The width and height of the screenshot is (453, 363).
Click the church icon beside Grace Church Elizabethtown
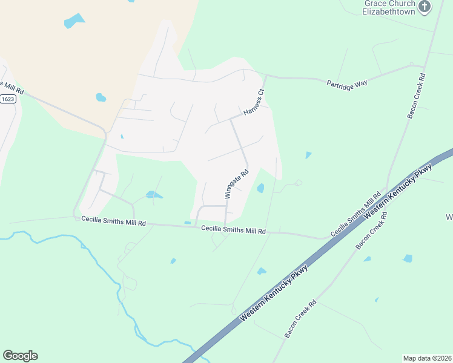click(x=425, y=7)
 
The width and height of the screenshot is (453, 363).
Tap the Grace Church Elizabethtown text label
click(x=389, y=7)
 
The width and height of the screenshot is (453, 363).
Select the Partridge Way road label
click(x=347, y=83)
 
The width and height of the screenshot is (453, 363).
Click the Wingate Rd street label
click(x=237, y=184)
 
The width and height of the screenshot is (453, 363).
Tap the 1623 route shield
click(x=7, y=99)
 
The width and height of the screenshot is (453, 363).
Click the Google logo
click(x=20, y=356)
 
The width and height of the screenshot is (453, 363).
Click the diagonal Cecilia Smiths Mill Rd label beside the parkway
click(x=355, y=215)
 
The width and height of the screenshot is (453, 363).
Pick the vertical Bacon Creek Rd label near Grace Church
click(x=417, y=96)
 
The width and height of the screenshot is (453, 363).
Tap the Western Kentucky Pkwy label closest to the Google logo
click(x=274, y=293)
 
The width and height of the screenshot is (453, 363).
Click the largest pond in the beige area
click(x=74, y=21)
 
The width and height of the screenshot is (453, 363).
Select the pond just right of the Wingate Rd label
click(x=260, y=188)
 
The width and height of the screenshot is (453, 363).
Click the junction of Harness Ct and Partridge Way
click(x=265, y=76)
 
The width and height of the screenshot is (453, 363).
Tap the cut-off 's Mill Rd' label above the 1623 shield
click(x=12, y=87)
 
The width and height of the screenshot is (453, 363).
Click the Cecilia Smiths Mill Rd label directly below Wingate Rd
click(x=233, y=230)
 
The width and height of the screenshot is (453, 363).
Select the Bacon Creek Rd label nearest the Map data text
click(x=300, y=319)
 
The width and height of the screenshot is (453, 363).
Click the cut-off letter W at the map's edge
click(x=449, y=217)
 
